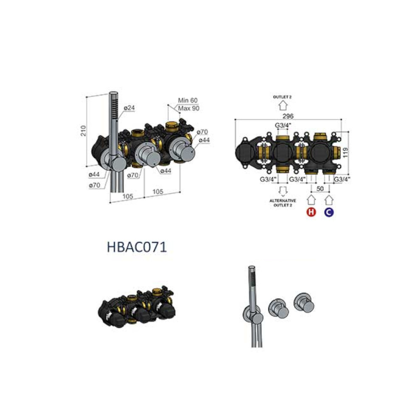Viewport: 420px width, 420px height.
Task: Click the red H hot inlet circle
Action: click(x=311, y=212)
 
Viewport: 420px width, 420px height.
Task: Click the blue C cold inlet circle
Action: click(x=329, y=212)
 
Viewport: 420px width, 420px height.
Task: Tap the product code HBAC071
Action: click(x=136, y=247)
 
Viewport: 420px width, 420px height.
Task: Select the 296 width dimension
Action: click(x=288, y=116)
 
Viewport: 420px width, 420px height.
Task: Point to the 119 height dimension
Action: click(x=346, y=152)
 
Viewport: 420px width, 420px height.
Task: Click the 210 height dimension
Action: click(x=84, y=131)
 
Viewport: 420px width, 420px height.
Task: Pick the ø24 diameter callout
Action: click(x=129, y=108)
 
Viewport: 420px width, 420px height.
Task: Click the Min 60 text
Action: click(x=188, y=100)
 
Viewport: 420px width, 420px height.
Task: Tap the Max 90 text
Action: click(x=189, y=108)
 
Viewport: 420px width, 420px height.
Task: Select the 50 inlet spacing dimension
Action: click(x=320, y=189)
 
